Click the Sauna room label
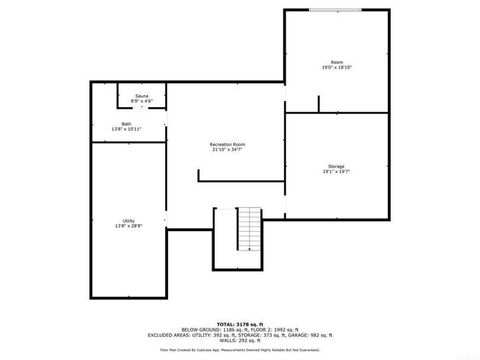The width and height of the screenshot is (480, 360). [x=141, y=97]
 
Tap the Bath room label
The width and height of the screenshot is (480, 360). [x=126, y=124]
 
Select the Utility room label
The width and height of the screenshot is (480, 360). [x=128, y=220]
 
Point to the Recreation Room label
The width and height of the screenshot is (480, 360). [x=227, y=144]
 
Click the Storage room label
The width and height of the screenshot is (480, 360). [x=336, y=166]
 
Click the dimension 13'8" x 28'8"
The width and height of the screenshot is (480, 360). [x=128, y=226]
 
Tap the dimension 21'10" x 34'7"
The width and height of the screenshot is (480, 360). [x=227, y=149]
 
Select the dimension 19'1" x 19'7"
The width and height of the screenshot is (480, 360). [x=336, y=172]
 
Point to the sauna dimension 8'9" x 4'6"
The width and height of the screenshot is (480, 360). [x=141, y=102]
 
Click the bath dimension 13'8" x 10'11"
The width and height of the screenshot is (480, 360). [x=126, y=130]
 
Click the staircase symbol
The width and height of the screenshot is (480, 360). [x=250, y=229]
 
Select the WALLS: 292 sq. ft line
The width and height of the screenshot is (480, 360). [x=240, y=341]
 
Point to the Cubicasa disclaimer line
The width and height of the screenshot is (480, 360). [x=240, y=349]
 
